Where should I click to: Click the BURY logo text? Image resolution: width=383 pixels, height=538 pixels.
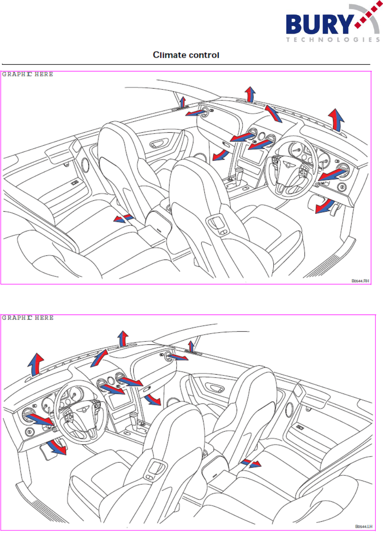[318, 26]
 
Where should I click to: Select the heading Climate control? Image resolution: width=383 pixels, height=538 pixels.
[187, 55]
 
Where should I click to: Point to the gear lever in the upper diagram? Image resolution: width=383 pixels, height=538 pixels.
[239, 173]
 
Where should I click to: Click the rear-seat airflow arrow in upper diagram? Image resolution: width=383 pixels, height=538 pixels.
[124, 219]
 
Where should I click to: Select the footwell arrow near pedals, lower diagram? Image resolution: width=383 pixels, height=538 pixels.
[56, 448]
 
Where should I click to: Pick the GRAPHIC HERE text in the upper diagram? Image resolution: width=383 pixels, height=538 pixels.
[28, 74]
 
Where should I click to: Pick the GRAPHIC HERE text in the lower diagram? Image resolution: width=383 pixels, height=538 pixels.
[28, 318]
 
